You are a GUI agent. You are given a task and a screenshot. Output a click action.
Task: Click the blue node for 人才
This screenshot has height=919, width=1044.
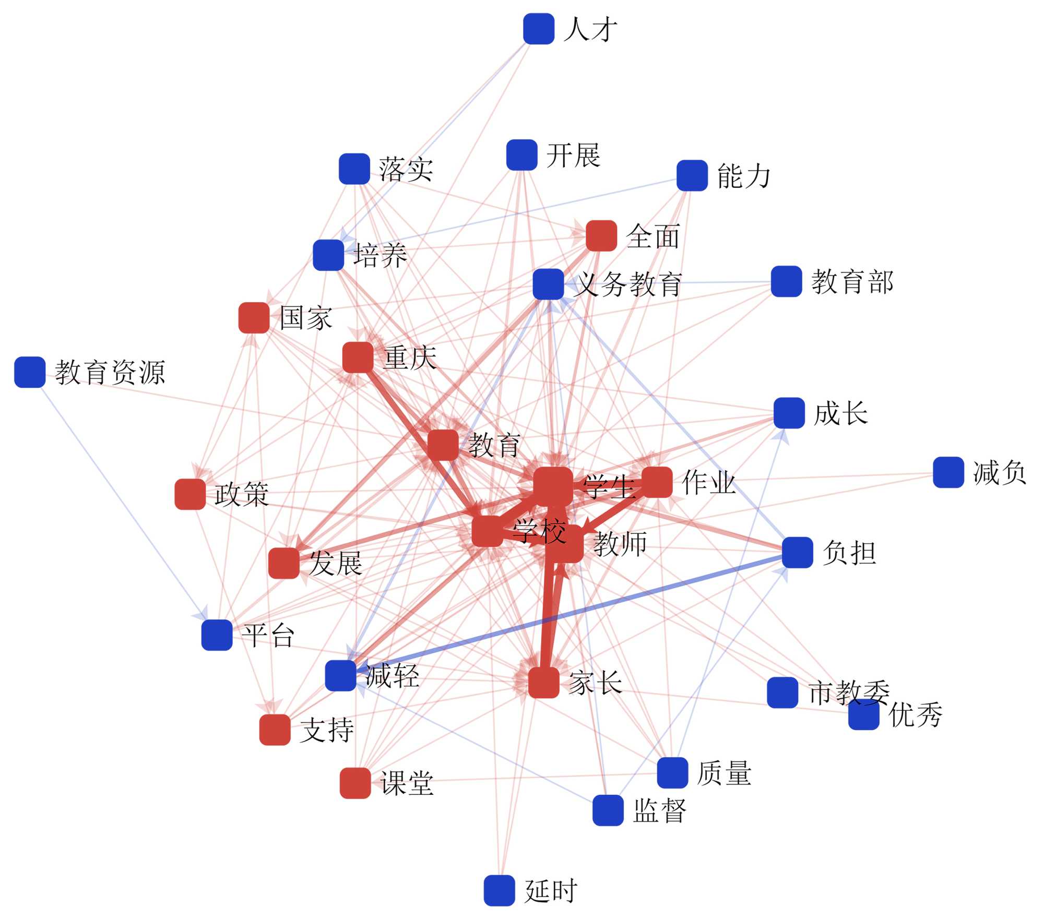pyautogui.click(x=538, y=29)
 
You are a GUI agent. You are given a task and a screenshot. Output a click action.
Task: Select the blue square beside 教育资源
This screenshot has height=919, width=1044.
pyautogui.click(x=30, y=372)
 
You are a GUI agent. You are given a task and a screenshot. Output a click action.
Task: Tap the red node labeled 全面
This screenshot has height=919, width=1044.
pyautogui.click(x=601, y=235)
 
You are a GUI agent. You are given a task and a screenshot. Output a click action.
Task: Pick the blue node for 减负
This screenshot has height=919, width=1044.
pyautogui.click(x=948, y=472)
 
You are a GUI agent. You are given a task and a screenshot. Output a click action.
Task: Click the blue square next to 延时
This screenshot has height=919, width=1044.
pyautogui.click(x=499, y=890)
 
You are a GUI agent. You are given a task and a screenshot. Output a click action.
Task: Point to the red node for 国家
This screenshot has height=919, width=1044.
pyautogui.click(x=254, y=317)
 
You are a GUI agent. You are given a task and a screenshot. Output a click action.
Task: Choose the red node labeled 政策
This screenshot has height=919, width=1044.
pyautogui.click(x=189, y=494)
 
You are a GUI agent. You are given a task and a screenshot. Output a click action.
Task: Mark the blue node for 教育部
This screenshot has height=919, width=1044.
pyautogui.click(x=786, y=281)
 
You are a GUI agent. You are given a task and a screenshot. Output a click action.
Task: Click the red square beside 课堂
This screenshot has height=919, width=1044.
pyautogui.click(x=355, y=783)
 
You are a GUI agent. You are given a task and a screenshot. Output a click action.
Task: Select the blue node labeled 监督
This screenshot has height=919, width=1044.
pyautogui.click(x=608, y=810)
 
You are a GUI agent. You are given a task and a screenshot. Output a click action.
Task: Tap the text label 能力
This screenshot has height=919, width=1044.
pyautogui.click(x=744, y=176)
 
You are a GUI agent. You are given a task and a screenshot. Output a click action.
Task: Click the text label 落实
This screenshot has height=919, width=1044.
pyautogui.click(x=406, y=170)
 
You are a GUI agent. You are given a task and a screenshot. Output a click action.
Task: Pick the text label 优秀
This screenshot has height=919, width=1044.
pyautogui.click(x=915, y=714)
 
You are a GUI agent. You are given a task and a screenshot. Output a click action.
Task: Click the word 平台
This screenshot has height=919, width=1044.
pyautogui.click(x=268, y=635)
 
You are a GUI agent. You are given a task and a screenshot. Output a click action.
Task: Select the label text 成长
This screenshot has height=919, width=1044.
pyautogui.click(x=841, y=413)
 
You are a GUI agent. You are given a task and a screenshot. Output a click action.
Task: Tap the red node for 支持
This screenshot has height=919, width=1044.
pyautogui.click(x=275, y=730)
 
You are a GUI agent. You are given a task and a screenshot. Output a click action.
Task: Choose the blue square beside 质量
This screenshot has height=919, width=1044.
pyautogui.click(x=672, y=772)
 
